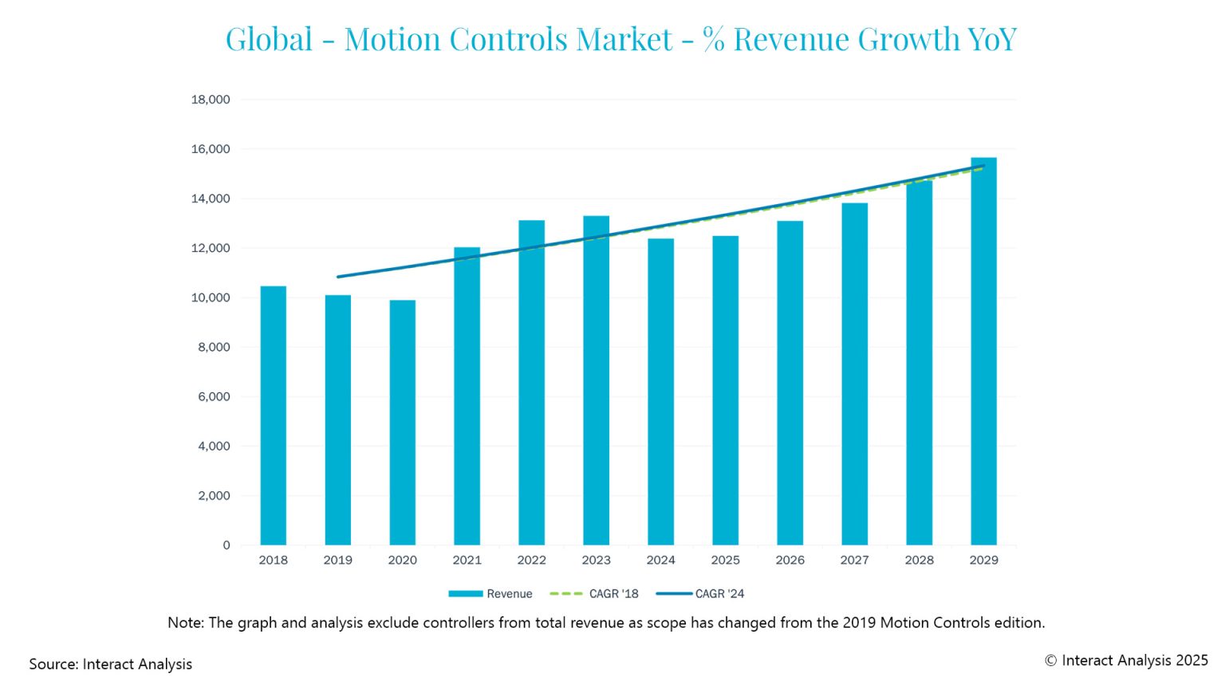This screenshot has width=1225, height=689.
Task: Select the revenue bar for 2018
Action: pyautogui.click(x=273, y=415)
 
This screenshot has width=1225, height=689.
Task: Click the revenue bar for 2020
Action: pyautogui.click(x=402, y=423)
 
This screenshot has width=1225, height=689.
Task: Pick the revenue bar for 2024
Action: pyautogui.click(x=660, y=392)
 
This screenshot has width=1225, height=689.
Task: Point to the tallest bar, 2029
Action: pyautogui.click(x=983, y=351)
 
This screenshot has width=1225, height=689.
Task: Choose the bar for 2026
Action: pyautogui.click(x=790, y=383)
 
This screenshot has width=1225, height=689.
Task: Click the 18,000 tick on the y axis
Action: pyautogui.click(x=211, y=100)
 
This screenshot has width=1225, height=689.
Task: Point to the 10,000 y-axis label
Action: pyautogui.click(x=211, y=297)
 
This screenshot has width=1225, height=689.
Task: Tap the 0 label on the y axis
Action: pyautogui.click(x=226, y=545)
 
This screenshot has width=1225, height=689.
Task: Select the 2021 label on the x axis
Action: pyautogui.click(x=467, y=560)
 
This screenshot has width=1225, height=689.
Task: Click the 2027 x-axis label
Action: pyautogui.click(x=854, y=560)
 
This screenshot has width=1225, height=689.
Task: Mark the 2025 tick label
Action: pyautogui.click(x=725, y=560)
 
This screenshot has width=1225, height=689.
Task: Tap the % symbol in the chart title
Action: pyautogui.click(x=714, y=39)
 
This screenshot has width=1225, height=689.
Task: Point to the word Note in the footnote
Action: pyautogui.click(x=184, y=623)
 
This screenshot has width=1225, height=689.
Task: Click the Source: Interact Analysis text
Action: pyautogui.click(x=111, y=664)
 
